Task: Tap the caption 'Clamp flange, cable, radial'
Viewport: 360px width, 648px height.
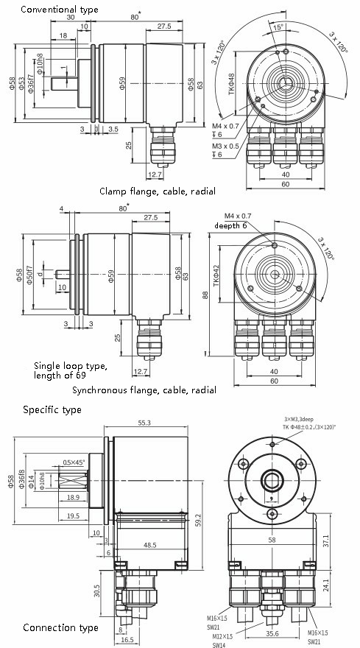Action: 157,191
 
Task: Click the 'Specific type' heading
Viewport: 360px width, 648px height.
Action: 52,409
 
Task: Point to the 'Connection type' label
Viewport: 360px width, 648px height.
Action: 60,628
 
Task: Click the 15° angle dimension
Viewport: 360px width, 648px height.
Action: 278,27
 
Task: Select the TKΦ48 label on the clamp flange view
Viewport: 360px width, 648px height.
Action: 231,85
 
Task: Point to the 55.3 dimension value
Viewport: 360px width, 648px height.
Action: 144,423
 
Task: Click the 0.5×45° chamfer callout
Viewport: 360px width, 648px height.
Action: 73,462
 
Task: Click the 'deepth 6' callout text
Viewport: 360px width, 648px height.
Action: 232,225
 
